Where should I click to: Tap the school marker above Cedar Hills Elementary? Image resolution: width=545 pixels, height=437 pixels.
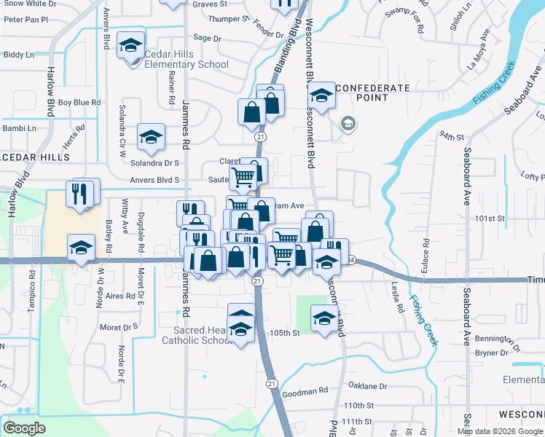click(130, 47)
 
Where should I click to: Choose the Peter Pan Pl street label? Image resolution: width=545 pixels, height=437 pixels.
click(26, 20)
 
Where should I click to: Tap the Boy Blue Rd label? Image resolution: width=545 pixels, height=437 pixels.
click(79, 103)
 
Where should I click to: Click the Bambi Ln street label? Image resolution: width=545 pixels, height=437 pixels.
click(20, 128)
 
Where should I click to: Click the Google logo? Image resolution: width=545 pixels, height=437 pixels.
click(24, 428)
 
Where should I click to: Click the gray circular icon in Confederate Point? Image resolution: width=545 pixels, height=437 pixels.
click(348, 123)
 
